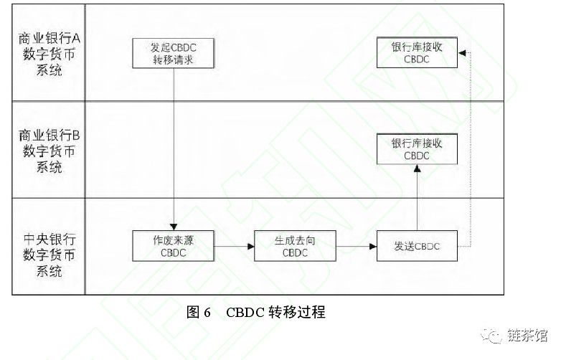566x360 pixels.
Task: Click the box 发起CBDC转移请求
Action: pos(173,53)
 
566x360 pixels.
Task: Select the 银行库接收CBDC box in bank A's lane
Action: pos(417,53)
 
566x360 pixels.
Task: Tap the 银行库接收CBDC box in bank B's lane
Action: pos(417,149)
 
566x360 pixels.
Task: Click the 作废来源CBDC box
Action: pos(173,246)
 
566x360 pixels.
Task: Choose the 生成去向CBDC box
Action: pos(295,246)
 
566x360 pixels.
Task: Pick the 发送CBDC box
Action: pos(417,246)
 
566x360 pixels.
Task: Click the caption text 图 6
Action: pos(198,312)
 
